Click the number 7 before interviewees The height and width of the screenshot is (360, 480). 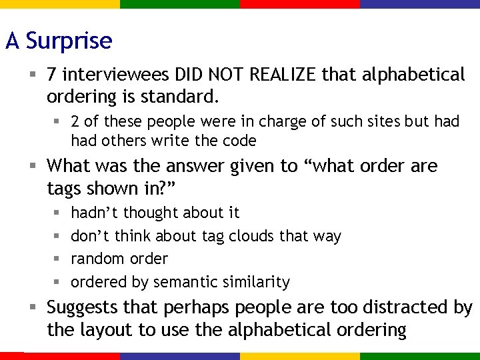53,75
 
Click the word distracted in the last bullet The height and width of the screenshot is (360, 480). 394,308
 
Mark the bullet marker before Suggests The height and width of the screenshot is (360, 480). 32,308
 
